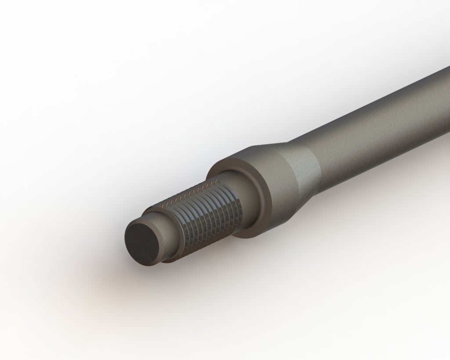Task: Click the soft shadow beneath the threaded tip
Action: pyautogui.click(x=145, y=281)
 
